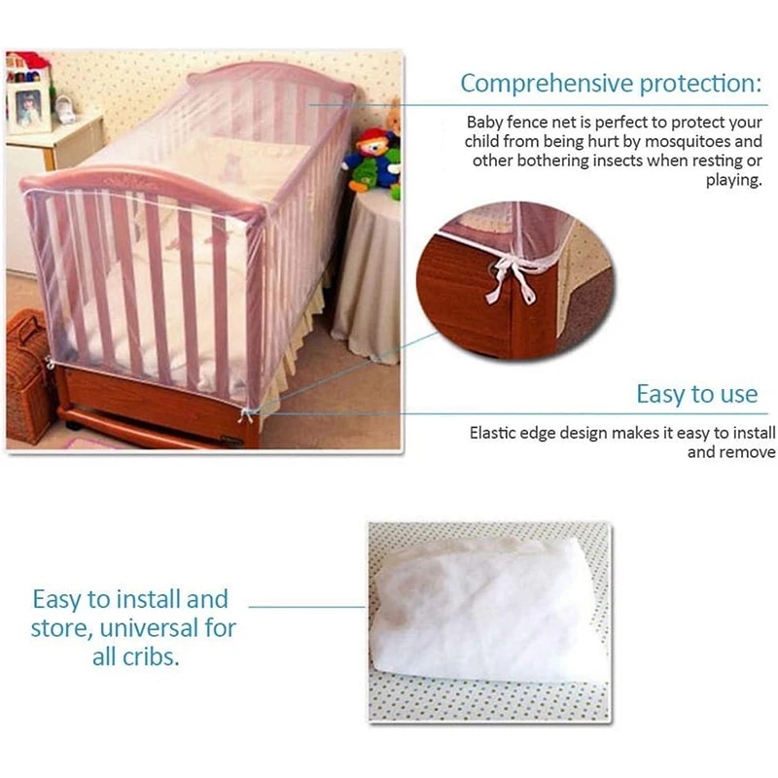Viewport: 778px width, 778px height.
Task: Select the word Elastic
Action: (x=496, y=434)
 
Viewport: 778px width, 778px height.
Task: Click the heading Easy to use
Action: (x=696, y=394)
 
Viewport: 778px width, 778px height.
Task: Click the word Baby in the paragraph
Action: (x=484, y=124)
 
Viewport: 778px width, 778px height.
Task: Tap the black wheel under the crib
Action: (x=74, y=425)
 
